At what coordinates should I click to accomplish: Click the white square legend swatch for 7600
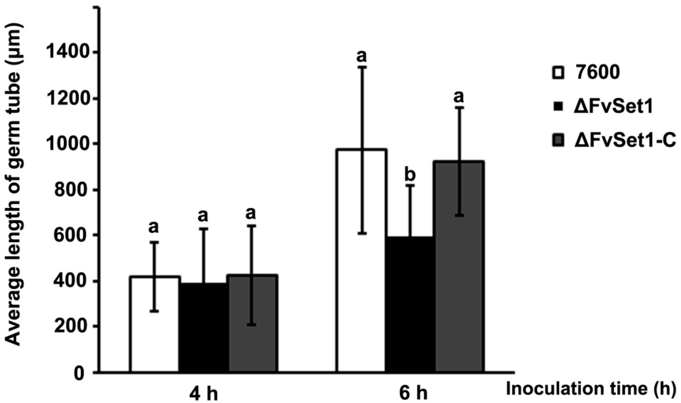558,73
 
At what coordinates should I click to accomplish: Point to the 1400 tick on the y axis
69,53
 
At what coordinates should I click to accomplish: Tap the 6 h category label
413,394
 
